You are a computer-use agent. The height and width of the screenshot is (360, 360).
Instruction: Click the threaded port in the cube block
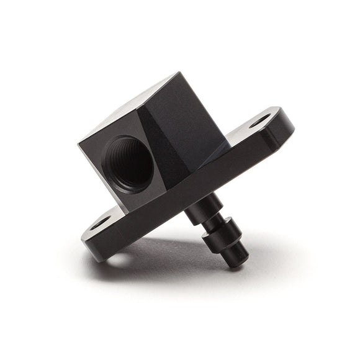(128, 162)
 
